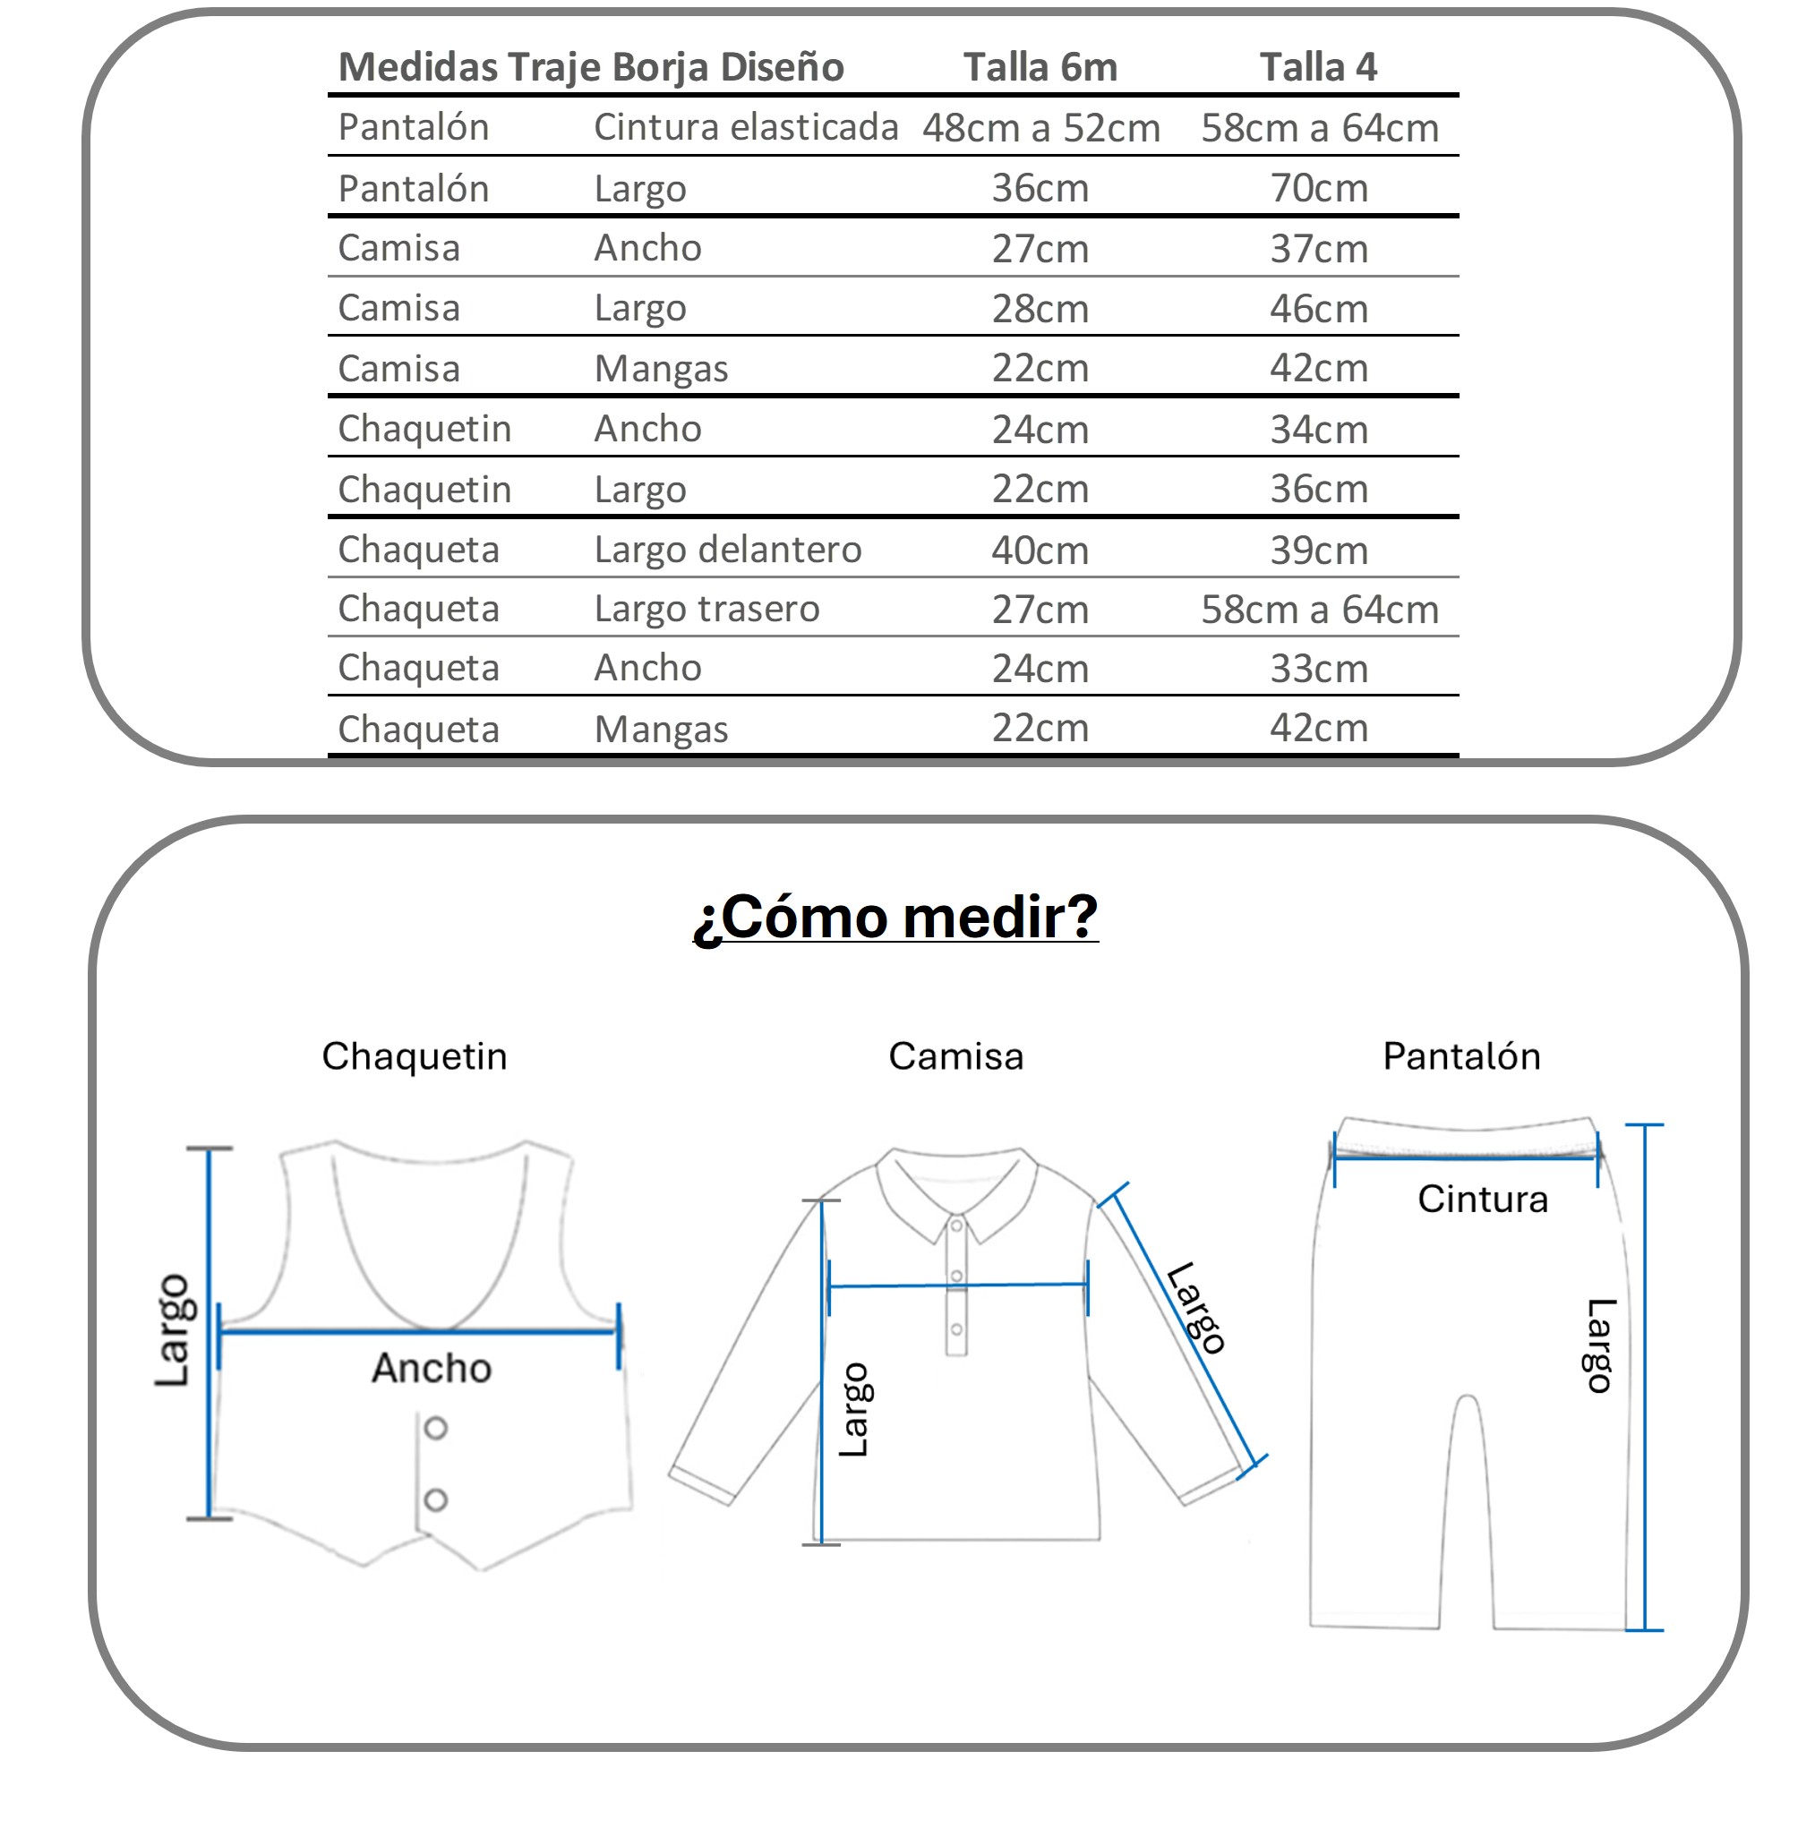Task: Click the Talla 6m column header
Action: point(1040,68)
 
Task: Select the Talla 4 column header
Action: point(1318,68)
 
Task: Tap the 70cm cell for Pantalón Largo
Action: point(1318,188)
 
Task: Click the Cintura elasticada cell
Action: point(746,128)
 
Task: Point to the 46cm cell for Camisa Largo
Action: point(1318,309)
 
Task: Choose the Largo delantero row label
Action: point(727,550)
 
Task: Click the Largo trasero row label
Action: point(706,609)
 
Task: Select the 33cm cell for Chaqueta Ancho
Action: point(1318,669)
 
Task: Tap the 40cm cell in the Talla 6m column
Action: point(1040,550)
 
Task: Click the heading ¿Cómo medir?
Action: point(895,917)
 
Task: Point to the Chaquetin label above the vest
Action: point(415,1056)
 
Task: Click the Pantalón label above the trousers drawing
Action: point(1461,1056)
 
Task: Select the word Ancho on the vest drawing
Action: point(431,1368)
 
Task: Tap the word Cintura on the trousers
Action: point(1482,1199)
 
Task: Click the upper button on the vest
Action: point(436,1428)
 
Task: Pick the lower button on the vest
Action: point(436,1500)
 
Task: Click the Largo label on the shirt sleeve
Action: point(1195,1308)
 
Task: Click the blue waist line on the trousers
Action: point(1465,1157)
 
